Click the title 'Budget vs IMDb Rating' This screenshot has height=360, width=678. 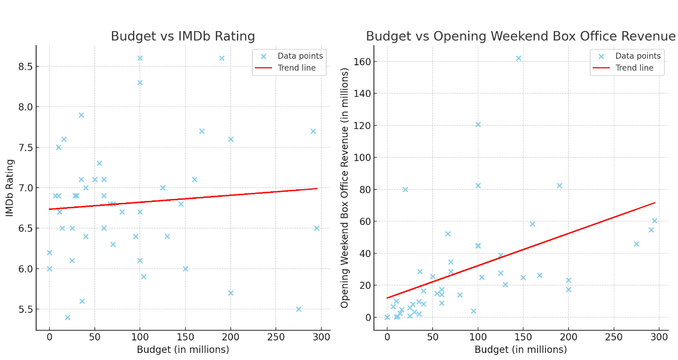click(183, 37)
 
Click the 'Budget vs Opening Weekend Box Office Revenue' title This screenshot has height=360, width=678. click(520, 37)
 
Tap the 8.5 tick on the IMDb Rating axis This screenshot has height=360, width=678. click(25, 66)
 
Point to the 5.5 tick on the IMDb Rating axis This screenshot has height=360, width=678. click(25, 309)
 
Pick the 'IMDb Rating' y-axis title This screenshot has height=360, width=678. click(10, 188)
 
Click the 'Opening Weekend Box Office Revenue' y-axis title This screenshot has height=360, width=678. click(345, 188)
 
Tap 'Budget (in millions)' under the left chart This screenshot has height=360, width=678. click(183, 349)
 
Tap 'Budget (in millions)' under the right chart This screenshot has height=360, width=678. click(520, 349)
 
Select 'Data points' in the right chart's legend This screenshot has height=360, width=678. click(638, 56)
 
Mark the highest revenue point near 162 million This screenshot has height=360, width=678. click(518, 58)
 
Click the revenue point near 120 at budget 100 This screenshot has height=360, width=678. click(478, 125)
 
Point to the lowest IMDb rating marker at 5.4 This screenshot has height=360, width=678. click(67, 317)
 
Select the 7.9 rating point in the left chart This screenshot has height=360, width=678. click(81, 115)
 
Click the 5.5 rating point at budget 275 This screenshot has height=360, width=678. click(299, 309)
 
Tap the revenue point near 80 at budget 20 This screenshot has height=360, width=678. click(405, 189)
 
